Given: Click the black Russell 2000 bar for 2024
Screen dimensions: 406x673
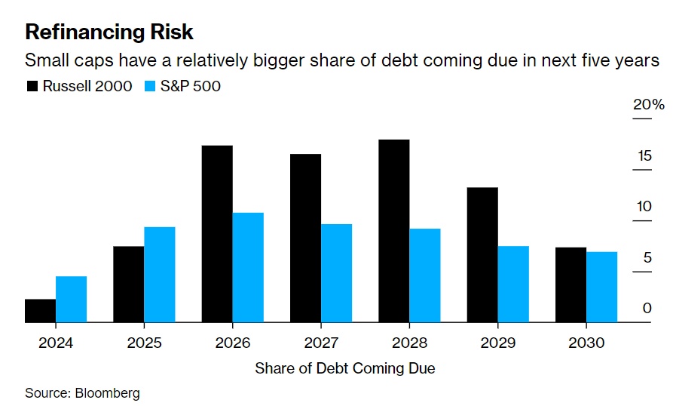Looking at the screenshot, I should pos(40,311).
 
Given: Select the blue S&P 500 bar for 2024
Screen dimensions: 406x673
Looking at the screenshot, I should pos(71,300).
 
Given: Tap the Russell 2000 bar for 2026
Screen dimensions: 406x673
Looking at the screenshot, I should pos(217,234).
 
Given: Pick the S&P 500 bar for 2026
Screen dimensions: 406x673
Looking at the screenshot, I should pos(248,268).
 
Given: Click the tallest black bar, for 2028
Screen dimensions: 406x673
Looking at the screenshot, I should pos(394,231).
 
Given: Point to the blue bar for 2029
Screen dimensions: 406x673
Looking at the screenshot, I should pos(513,285).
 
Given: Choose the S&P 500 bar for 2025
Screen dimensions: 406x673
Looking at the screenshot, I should pos(160,275).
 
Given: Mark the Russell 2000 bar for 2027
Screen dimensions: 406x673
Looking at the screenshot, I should pos(306,238).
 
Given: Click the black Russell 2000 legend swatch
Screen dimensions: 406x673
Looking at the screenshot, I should pos(32,86).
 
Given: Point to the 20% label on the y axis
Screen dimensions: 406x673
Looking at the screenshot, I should pos(648,104).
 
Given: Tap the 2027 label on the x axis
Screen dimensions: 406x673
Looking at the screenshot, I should pos(321,343).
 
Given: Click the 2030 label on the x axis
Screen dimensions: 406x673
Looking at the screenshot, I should pos(586,343).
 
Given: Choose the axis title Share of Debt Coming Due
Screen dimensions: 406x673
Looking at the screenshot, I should pos(345,368).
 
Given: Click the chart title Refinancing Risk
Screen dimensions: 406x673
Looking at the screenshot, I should pos(109,32).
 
